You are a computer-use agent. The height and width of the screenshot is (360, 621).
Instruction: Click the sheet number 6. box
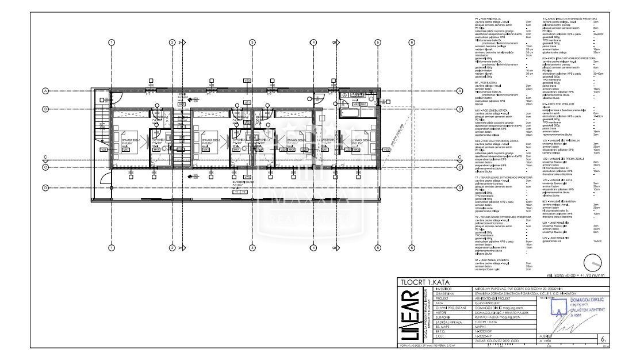pos(602,339)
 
